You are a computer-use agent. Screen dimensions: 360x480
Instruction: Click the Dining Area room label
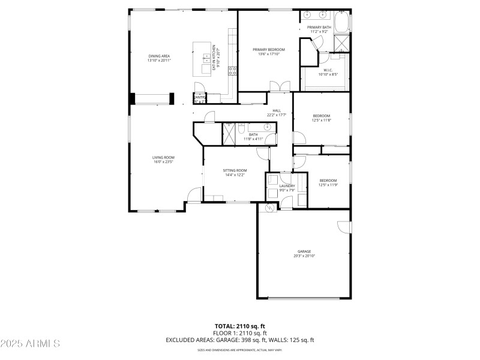click(159, 56)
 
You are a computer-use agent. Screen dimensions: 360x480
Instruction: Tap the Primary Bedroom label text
click(268, 50)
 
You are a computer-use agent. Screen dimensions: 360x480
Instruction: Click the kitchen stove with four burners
click(232, 70)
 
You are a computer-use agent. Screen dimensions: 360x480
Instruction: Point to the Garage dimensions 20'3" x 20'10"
click(304, 256)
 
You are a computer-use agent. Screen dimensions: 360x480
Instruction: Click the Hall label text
click(277, 110)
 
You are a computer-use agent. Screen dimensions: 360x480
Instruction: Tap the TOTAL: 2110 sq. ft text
click(240, 326)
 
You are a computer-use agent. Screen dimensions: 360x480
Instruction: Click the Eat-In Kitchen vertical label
click(214, 59)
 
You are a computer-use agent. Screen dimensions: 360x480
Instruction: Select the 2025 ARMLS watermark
click(30, 344)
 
